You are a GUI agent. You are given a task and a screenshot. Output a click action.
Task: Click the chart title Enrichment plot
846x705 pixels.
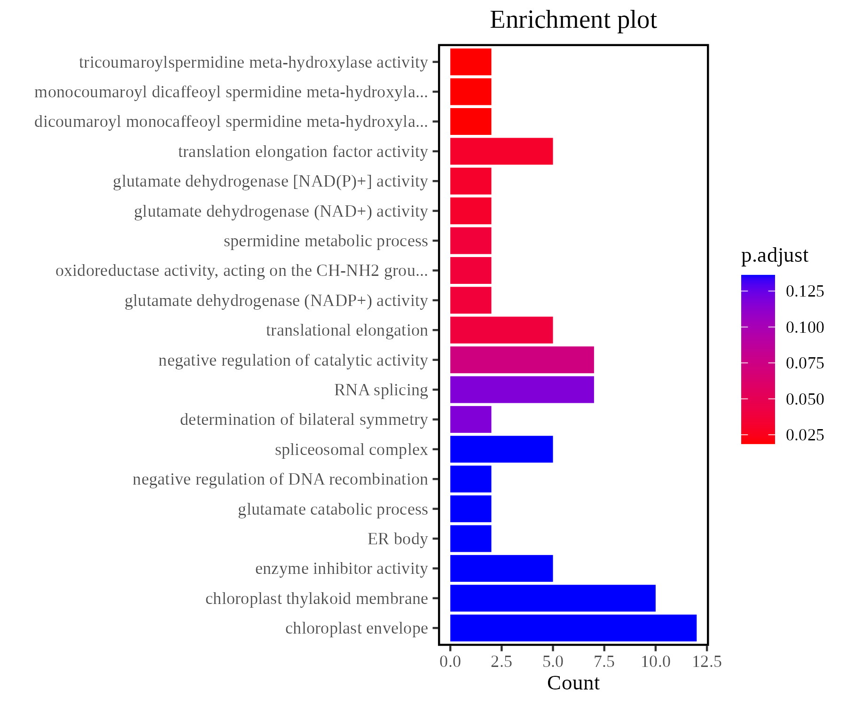(x=573, y=20)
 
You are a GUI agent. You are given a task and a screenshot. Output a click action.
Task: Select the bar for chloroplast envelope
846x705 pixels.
(x=573, y=628)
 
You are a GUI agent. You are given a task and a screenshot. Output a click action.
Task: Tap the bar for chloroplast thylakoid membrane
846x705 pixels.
(x=553, y=598)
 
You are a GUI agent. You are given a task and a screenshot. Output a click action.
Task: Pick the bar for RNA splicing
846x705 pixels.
(x=522, y=390)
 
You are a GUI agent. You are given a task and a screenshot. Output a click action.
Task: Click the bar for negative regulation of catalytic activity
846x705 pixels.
(x=522, y=360)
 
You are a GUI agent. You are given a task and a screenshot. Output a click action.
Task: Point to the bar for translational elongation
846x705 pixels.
(x=501, y=330)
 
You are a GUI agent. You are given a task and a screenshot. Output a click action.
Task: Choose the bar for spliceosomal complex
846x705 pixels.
(x=501, y=449)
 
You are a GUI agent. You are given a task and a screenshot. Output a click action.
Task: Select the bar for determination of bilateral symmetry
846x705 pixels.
(x=470, y=419)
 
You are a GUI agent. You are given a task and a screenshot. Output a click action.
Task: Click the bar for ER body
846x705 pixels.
(x=470, y=539)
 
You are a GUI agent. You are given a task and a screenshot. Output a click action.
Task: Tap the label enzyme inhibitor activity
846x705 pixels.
(x=341, y=569)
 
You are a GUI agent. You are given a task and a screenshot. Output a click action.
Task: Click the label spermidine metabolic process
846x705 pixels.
(x=326, y=241)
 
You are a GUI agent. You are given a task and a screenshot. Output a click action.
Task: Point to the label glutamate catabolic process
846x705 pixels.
(x=333, y=509)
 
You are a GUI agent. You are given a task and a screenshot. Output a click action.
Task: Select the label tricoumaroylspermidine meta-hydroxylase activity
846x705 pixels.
(x=253, y=63)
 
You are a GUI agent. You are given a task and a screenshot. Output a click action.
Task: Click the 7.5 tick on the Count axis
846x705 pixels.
(x=604, y=662)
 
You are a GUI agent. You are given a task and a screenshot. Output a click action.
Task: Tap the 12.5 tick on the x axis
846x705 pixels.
(x=707, y=662)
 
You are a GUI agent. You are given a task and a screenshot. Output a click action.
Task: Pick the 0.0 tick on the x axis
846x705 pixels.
(x=450, y=662)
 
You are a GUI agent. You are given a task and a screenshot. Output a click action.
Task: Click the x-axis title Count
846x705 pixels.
(x=573, y=683)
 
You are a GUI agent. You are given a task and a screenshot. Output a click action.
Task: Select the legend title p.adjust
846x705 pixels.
(x=775, y=255)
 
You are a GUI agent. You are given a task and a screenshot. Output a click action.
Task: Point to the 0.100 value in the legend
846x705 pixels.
(x=805, y=327)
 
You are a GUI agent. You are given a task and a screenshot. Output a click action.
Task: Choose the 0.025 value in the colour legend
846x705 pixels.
(x=805, y=435)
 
